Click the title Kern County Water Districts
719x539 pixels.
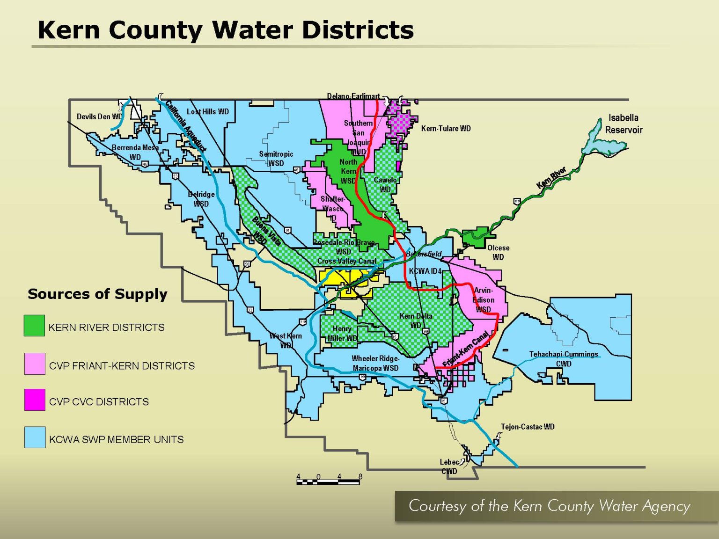click(225, 30)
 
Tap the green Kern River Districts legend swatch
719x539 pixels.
click(34, 326)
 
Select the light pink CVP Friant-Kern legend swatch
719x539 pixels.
click(35, 364)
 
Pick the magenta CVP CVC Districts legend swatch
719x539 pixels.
click(35, 400)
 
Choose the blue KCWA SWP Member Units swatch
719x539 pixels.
click(35, 437)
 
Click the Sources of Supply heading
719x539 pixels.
click(97, 294)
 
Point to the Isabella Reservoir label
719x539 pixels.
click(624, 124)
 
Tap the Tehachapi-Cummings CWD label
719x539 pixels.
click(564, 359)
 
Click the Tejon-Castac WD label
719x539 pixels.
click(528, 427)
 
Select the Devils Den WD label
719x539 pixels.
click(99, 117)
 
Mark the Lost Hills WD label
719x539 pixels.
click(208, 111)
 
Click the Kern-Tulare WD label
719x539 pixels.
click(446, 128)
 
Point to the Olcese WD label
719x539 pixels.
click(498, 252)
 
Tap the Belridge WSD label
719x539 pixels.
click(201, 199)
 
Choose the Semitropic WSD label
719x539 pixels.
click(276, 159)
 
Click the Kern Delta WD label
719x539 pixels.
click(416, 320)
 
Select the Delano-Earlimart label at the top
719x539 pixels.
click(353, 96)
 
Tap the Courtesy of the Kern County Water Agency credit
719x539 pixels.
click(549, 506)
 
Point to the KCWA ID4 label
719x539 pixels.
click(425, 271)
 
